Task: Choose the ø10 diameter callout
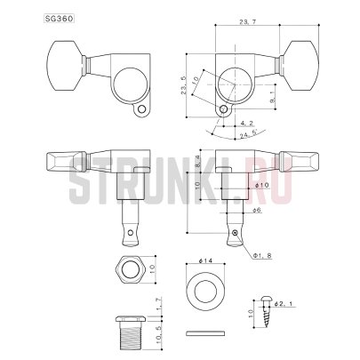click(258, 184)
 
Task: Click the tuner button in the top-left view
click(56, 60)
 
